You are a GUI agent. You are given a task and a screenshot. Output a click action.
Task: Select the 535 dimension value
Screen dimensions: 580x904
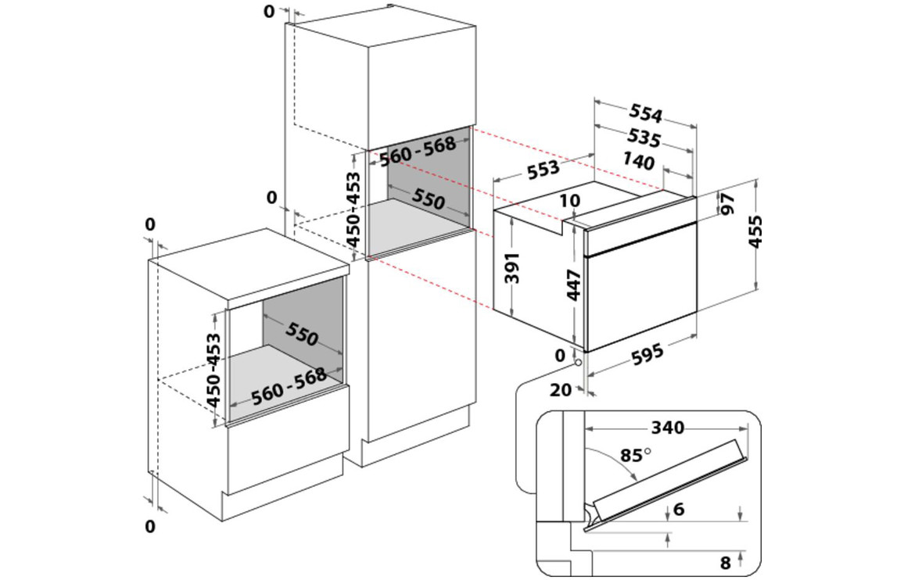tap(645, 139)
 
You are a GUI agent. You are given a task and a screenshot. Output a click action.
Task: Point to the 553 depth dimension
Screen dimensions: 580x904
tap(542, 168)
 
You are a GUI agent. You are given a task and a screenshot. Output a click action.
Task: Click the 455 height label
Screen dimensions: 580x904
tap(755, 231)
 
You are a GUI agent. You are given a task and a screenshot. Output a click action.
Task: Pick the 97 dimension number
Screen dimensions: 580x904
tap(728, 204)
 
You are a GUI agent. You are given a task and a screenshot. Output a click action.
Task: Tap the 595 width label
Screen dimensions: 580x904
tap(646, 354)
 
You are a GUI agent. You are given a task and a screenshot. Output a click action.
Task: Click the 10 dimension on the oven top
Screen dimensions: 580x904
tap(571, 201)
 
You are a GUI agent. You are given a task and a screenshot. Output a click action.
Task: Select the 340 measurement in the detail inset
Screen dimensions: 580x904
tap(667, 428)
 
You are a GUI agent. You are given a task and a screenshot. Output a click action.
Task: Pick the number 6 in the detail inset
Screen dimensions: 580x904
tap(678, 510)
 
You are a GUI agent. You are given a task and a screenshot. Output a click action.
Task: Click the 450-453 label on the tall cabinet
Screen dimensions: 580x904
tap(353, 209)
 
